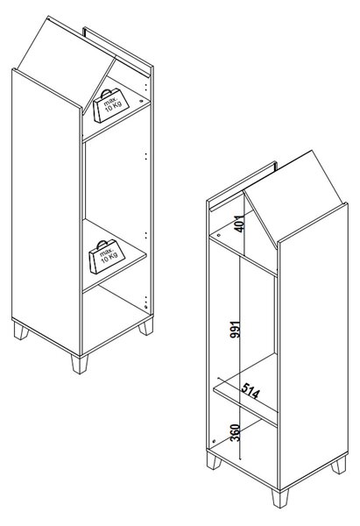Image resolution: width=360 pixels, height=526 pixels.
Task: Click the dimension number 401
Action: (239, 223)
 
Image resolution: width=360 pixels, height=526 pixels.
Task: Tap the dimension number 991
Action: (236, 329)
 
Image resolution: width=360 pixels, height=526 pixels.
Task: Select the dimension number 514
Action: (251, 390)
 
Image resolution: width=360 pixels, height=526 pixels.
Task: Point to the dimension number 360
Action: (236, 432)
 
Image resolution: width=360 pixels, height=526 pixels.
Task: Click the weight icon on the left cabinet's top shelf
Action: (111, 105)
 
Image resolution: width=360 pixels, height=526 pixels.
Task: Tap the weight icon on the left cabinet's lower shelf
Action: (107, 257)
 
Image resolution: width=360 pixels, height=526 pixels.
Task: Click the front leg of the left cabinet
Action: (80, 364)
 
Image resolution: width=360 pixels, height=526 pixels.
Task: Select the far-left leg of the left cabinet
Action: (21, 331)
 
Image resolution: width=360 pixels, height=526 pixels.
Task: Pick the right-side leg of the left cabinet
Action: (146, 327)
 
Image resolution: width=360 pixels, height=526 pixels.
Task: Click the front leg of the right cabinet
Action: (280, 498)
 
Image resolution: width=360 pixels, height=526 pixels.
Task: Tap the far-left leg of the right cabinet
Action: (214, 460)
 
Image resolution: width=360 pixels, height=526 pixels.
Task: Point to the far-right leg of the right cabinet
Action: (339, 465)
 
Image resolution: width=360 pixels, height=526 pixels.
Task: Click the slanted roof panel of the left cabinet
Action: (65, 63)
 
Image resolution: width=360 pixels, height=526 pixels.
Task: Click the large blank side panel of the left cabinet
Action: (46, 212)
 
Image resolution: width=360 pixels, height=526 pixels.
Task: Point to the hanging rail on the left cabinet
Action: (116, 51)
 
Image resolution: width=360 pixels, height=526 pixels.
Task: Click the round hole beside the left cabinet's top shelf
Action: (141, 100)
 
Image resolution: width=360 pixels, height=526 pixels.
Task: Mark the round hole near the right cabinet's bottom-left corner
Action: (214, 441)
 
